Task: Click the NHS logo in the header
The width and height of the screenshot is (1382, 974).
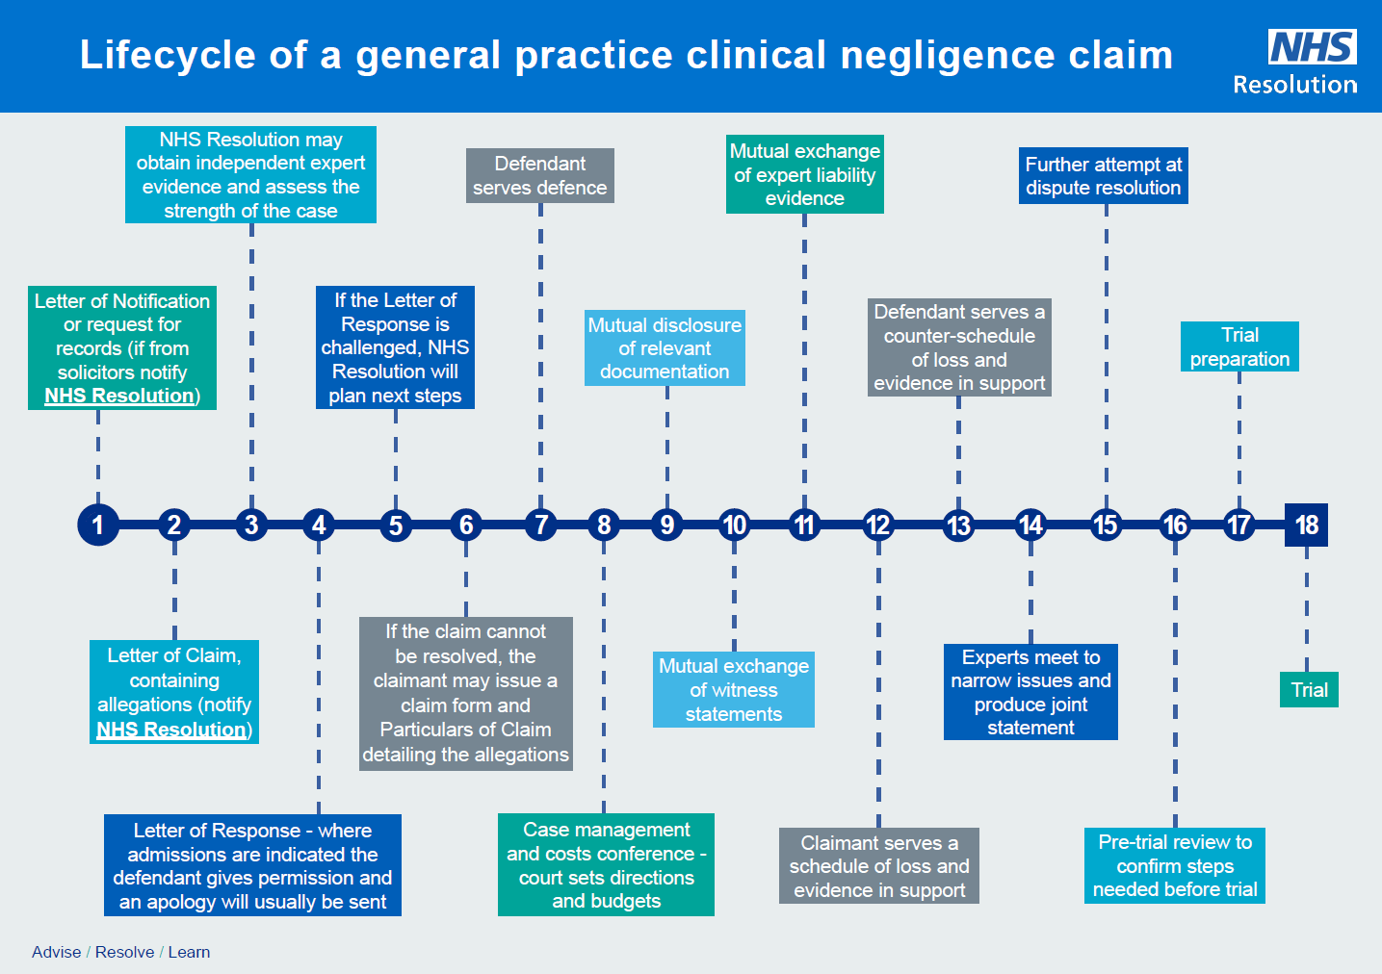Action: [x=1312, y=46]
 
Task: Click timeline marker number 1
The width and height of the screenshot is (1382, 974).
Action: [x=97, y=525]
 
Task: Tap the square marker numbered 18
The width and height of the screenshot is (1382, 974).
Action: [x=1306, y=525]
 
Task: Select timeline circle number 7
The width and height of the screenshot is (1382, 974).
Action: [x=541, y=525]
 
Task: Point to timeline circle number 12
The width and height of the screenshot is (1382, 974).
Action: [x=877, y=525]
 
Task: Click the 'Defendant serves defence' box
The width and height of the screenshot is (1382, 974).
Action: [x=539, y=175]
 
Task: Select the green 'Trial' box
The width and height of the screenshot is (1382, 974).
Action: [x=1309, y=690]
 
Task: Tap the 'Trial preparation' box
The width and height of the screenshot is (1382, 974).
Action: [x=1239, y=346]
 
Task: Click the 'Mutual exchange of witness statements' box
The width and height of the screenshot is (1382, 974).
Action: [x=733, y=689]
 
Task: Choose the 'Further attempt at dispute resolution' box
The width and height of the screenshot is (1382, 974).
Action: [x=1103, y=176]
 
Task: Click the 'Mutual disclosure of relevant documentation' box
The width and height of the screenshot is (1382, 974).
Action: [x=665, y=347]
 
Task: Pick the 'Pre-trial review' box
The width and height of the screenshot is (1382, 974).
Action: [x=1174, y=865]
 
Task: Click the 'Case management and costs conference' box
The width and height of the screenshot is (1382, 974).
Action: [x=606, y=864]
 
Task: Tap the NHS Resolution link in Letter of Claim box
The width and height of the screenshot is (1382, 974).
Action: [x=170, y=730]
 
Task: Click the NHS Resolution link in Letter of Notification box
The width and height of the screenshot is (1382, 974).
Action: [x=118, y=396]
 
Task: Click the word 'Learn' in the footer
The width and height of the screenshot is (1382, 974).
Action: [x=189, y=952]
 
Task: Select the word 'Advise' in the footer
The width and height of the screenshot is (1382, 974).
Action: [x=56, y=952]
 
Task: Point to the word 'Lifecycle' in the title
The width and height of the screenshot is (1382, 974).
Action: [x=167, y=55]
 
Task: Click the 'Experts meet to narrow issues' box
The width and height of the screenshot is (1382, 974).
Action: [x=1030, y=691]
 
